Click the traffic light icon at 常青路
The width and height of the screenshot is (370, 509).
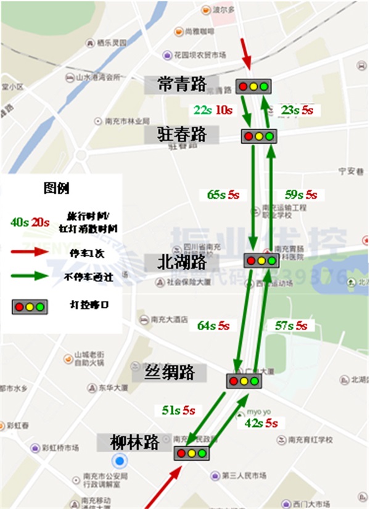253,86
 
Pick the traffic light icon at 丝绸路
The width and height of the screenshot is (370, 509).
244,381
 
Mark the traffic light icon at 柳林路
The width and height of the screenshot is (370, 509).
191,453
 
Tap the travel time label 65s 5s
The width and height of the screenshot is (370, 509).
223,195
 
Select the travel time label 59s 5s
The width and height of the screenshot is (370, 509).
298,195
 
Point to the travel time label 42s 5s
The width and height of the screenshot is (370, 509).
261,423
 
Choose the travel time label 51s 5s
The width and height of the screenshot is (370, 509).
178,410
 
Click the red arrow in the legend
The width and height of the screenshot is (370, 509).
32,252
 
